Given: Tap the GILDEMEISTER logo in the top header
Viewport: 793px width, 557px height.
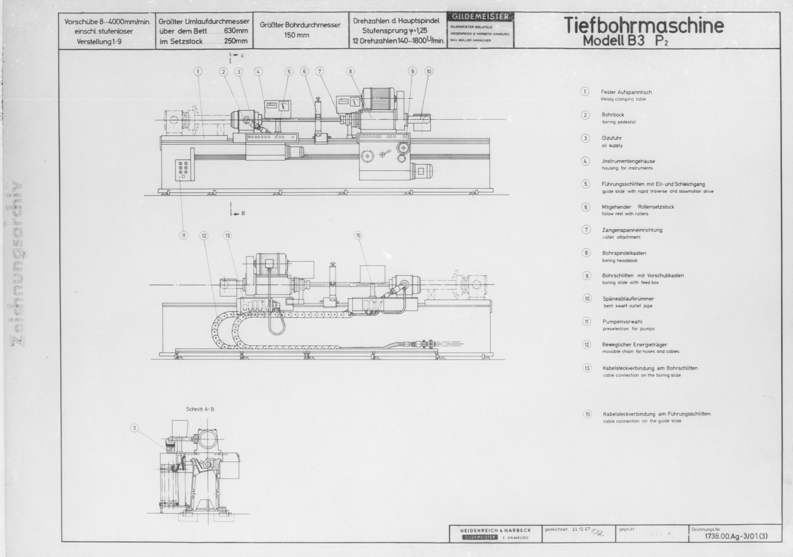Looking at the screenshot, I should (480, 17).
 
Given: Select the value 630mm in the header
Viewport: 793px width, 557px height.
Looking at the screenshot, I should (236, 31).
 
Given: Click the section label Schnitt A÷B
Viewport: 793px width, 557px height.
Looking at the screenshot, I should (200, 409).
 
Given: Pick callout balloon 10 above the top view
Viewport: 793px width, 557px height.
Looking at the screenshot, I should (429, 72).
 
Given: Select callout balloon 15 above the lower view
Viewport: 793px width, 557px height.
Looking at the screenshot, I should (358, 236).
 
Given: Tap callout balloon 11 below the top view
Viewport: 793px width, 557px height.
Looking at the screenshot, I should (183, 236).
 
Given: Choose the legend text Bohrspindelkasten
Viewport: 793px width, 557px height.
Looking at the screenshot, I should (624, 253).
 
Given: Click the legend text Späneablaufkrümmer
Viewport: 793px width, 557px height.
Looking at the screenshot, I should (628, 299).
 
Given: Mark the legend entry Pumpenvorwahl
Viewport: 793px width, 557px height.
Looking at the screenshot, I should (622, 322).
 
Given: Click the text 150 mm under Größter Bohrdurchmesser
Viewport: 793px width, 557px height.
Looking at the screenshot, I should (296, 35).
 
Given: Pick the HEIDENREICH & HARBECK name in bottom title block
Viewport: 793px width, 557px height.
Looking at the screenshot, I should (495, 530).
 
